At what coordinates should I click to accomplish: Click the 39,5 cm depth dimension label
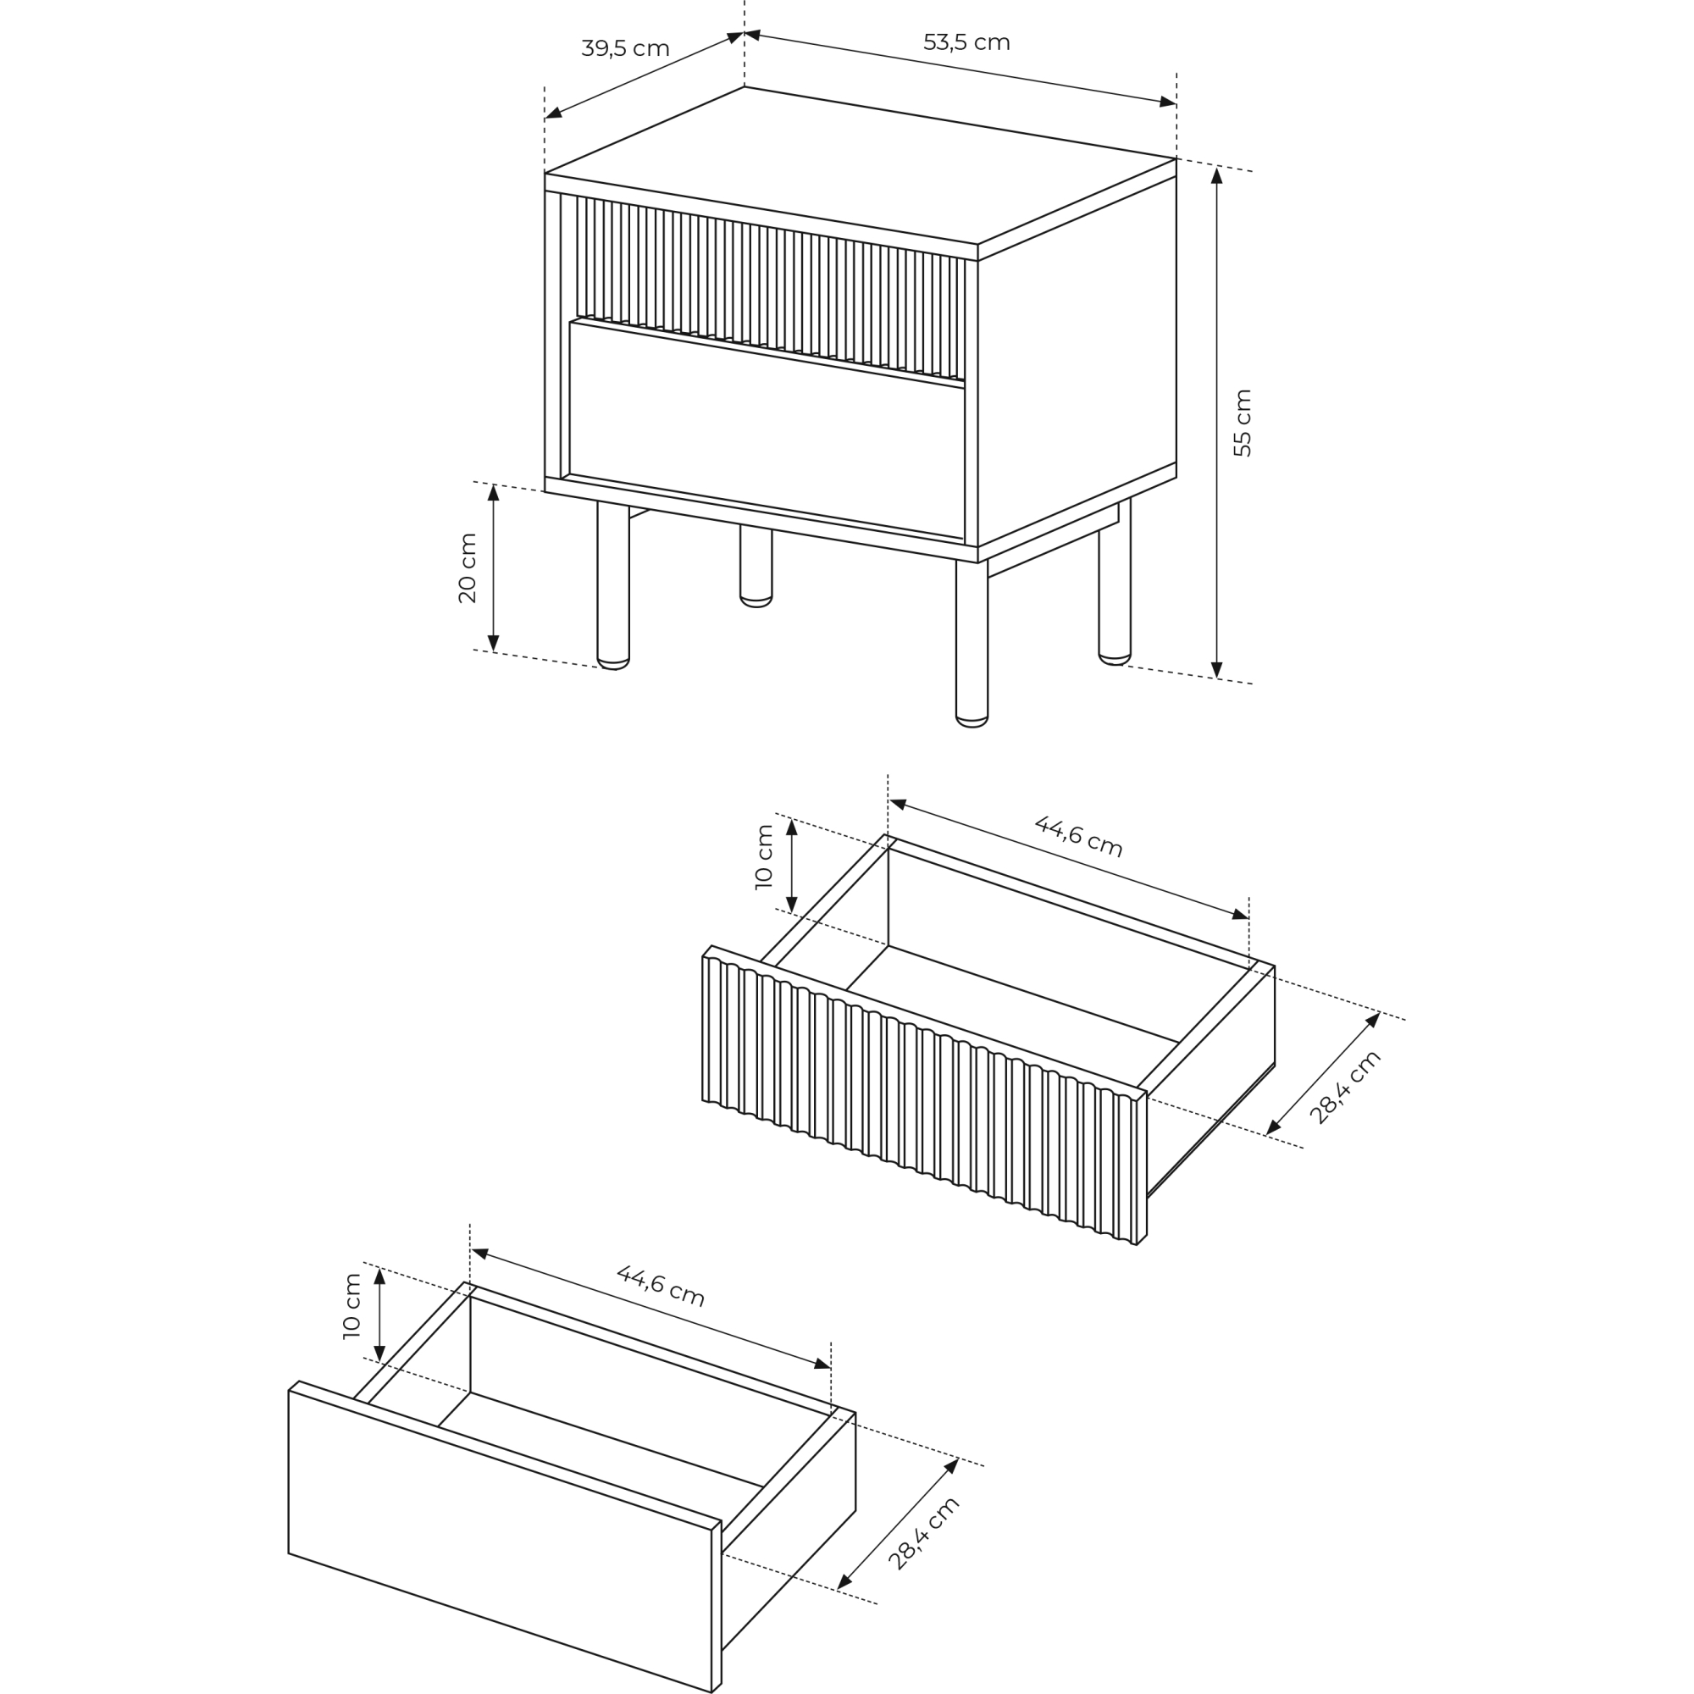pos(625,48)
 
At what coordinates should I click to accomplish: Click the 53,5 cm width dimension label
pos(966,42)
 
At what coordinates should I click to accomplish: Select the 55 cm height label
pos(1243,423)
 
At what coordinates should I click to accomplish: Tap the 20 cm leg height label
pos(468,568)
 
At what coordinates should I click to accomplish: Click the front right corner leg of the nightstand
pos(972,644)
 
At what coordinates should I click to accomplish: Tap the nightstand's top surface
pos(861,165)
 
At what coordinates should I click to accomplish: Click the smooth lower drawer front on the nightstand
pos(767,429)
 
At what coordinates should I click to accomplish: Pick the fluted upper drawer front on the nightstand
pos(771,288)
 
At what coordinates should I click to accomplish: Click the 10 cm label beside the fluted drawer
pos(764,856)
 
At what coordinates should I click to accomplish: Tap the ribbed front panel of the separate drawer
pos(924,1095)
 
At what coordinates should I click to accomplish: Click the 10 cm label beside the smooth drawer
pos(352,1305)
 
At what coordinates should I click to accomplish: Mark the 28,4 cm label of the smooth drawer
pos(923,1533)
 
